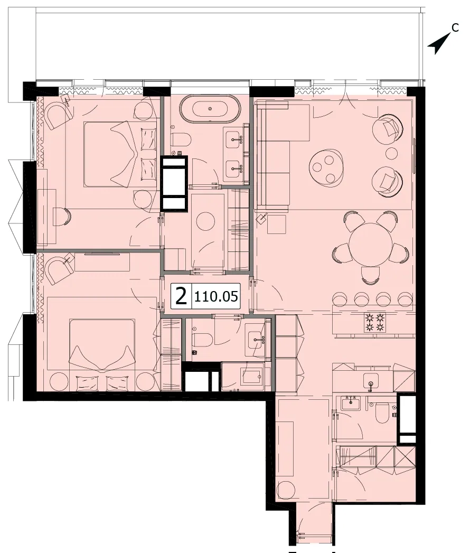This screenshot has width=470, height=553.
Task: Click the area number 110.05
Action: [216, 297]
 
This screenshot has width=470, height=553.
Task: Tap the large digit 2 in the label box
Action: [181, 296]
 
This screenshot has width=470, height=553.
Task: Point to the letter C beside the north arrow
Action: [455, 27]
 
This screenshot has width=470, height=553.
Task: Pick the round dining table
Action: [370, 245]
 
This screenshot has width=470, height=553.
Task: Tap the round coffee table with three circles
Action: [326, 166]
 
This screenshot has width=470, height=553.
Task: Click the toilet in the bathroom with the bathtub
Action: [181, 139]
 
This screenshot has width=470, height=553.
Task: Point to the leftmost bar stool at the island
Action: [340, 299]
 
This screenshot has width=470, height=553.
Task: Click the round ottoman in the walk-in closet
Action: [205, 220]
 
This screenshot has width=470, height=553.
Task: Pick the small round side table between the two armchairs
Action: [391, 153]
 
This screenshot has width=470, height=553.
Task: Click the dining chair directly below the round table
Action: [371, 274]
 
